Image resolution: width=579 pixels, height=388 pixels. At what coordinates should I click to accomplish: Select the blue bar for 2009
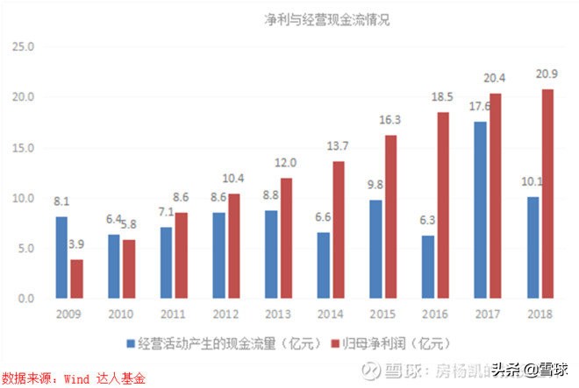(61, 257)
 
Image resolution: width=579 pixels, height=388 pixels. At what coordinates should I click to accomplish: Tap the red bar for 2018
(547, 194)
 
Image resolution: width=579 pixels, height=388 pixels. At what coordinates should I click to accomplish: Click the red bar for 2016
(443, 206)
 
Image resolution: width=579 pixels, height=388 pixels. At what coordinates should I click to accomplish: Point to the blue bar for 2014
(323, 265)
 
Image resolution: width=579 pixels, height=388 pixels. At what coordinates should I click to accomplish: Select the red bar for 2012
(233, 246)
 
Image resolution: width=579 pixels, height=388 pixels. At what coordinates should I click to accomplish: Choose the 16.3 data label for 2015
(390, 119)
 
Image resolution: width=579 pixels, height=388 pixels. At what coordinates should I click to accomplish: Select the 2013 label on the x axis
(278, 314)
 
